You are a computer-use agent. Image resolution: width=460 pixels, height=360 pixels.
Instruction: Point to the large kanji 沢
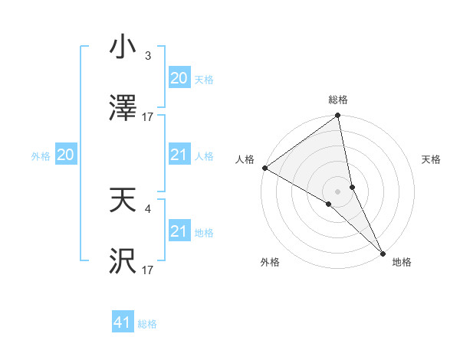tap(123, 260)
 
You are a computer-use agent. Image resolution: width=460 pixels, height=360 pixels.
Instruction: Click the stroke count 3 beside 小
tap(148, 56)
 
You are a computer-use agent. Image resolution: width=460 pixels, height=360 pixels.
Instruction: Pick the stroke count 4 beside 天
tap(148, 208)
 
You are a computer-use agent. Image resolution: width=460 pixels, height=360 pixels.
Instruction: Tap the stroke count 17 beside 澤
tap(148, 116)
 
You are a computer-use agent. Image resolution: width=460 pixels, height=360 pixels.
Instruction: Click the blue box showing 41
tap(123, 323)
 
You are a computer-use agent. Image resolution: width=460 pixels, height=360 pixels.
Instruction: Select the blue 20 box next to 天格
tap(179, 78)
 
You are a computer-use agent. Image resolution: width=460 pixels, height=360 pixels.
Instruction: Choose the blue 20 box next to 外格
tap(65, 155)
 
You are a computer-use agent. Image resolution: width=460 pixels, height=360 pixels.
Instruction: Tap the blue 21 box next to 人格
tap(179, 155)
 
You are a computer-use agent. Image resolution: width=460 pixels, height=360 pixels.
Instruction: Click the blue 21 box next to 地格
tap(179, 231)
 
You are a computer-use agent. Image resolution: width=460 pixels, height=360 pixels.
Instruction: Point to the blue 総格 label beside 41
tap(147, 324)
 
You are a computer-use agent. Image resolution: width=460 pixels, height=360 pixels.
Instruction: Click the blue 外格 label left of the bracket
tap(41, 155)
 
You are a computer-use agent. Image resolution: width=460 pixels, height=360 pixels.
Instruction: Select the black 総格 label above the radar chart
tap(338, 100)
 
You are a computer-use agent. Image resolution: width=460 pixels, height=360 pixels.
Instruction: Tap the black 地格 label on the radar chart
tap(402, 262)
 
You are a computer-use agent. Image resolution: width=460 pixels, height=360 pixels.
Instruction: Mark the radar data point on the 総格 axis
tap(338, 116)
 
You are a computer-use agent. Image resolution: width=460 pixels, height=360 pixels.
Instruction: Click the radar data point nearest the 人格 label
tap(264, 168)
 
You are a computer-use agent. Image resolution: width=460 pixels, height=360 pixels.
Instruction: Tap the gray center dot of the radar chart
tap(338, 191)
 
